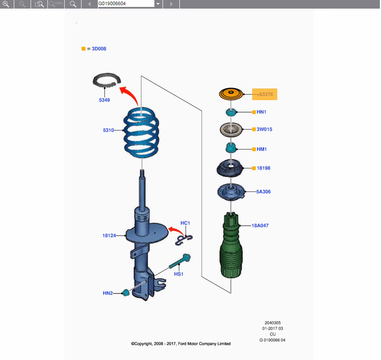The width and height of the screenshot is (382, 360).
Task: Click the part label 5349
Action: pos(104,100)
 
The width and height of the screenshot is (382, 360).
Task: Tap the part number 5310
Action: pos(108,130)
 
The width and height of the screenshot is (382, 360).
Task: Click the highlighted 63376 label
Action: pos(265,94)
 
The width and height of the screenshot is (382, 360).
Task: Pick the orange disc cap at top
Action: pos(232,94)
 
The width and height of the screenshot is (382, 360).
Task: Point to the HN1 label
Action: pos(261,112)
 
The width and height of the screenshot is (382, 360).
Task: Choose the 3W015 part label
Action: pos(264,129)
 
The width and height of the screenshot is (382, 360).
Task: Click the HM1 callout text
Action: pos(262,149)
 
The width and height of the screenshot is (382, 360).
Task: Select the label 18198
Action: pos(263,168)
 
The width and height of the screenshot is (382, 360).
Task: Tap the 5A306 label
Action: pos(263,192)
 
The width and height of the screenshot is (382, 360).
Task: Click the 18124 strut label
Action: pos(109,235)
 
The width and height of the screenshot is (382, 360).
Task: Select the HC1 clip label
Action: pos(185,223)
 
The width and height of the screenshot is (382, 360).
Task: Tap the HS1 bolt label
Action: pos(178,274)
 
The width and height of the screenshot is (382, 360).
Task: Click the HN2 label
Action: pos(107,293)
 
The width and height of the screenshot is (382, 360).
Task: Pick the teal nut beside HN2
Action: pos(126,293)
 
